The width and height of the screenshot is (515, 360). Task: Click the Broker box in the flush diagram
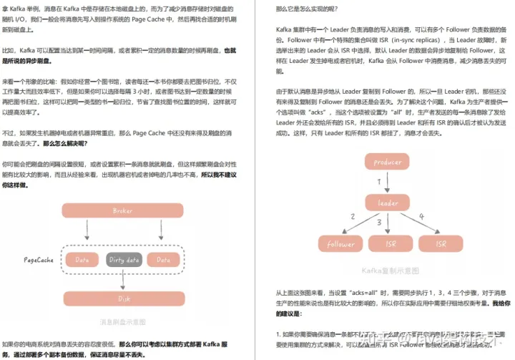(122, 210)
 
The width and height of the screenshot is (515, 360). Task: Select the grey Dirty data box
(122, 259)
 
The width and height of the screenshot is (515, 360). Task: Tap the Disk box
(122, 298)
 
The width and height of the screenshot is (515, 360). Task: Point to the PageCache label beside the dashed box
(39, 260)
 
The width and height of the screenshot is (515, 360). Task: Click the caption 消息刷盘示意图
(122, 321)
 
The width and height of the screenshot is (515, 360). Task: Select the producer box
(388, 162)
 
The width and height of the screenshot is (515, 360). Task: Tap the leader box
(388, 203)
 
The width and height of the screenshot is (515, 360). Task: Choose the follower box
(340, 244)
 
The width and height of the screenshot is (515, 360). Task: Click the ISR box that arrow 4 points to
(439, 244)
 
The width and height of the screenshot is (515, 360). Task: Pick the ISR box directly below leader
(391, 244)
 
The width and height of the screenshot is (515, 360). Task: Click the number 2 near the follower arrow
(352, 216)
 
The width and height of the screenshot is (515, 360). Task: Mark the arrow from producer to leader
(388, 183)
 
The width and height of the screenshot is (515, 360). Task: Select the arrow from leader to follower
(361, 224)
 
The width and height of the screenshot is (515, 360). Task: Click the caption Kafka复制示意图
(390, 271)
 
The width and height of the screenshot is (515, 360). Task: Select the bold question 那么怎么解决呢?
(66, 143)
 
